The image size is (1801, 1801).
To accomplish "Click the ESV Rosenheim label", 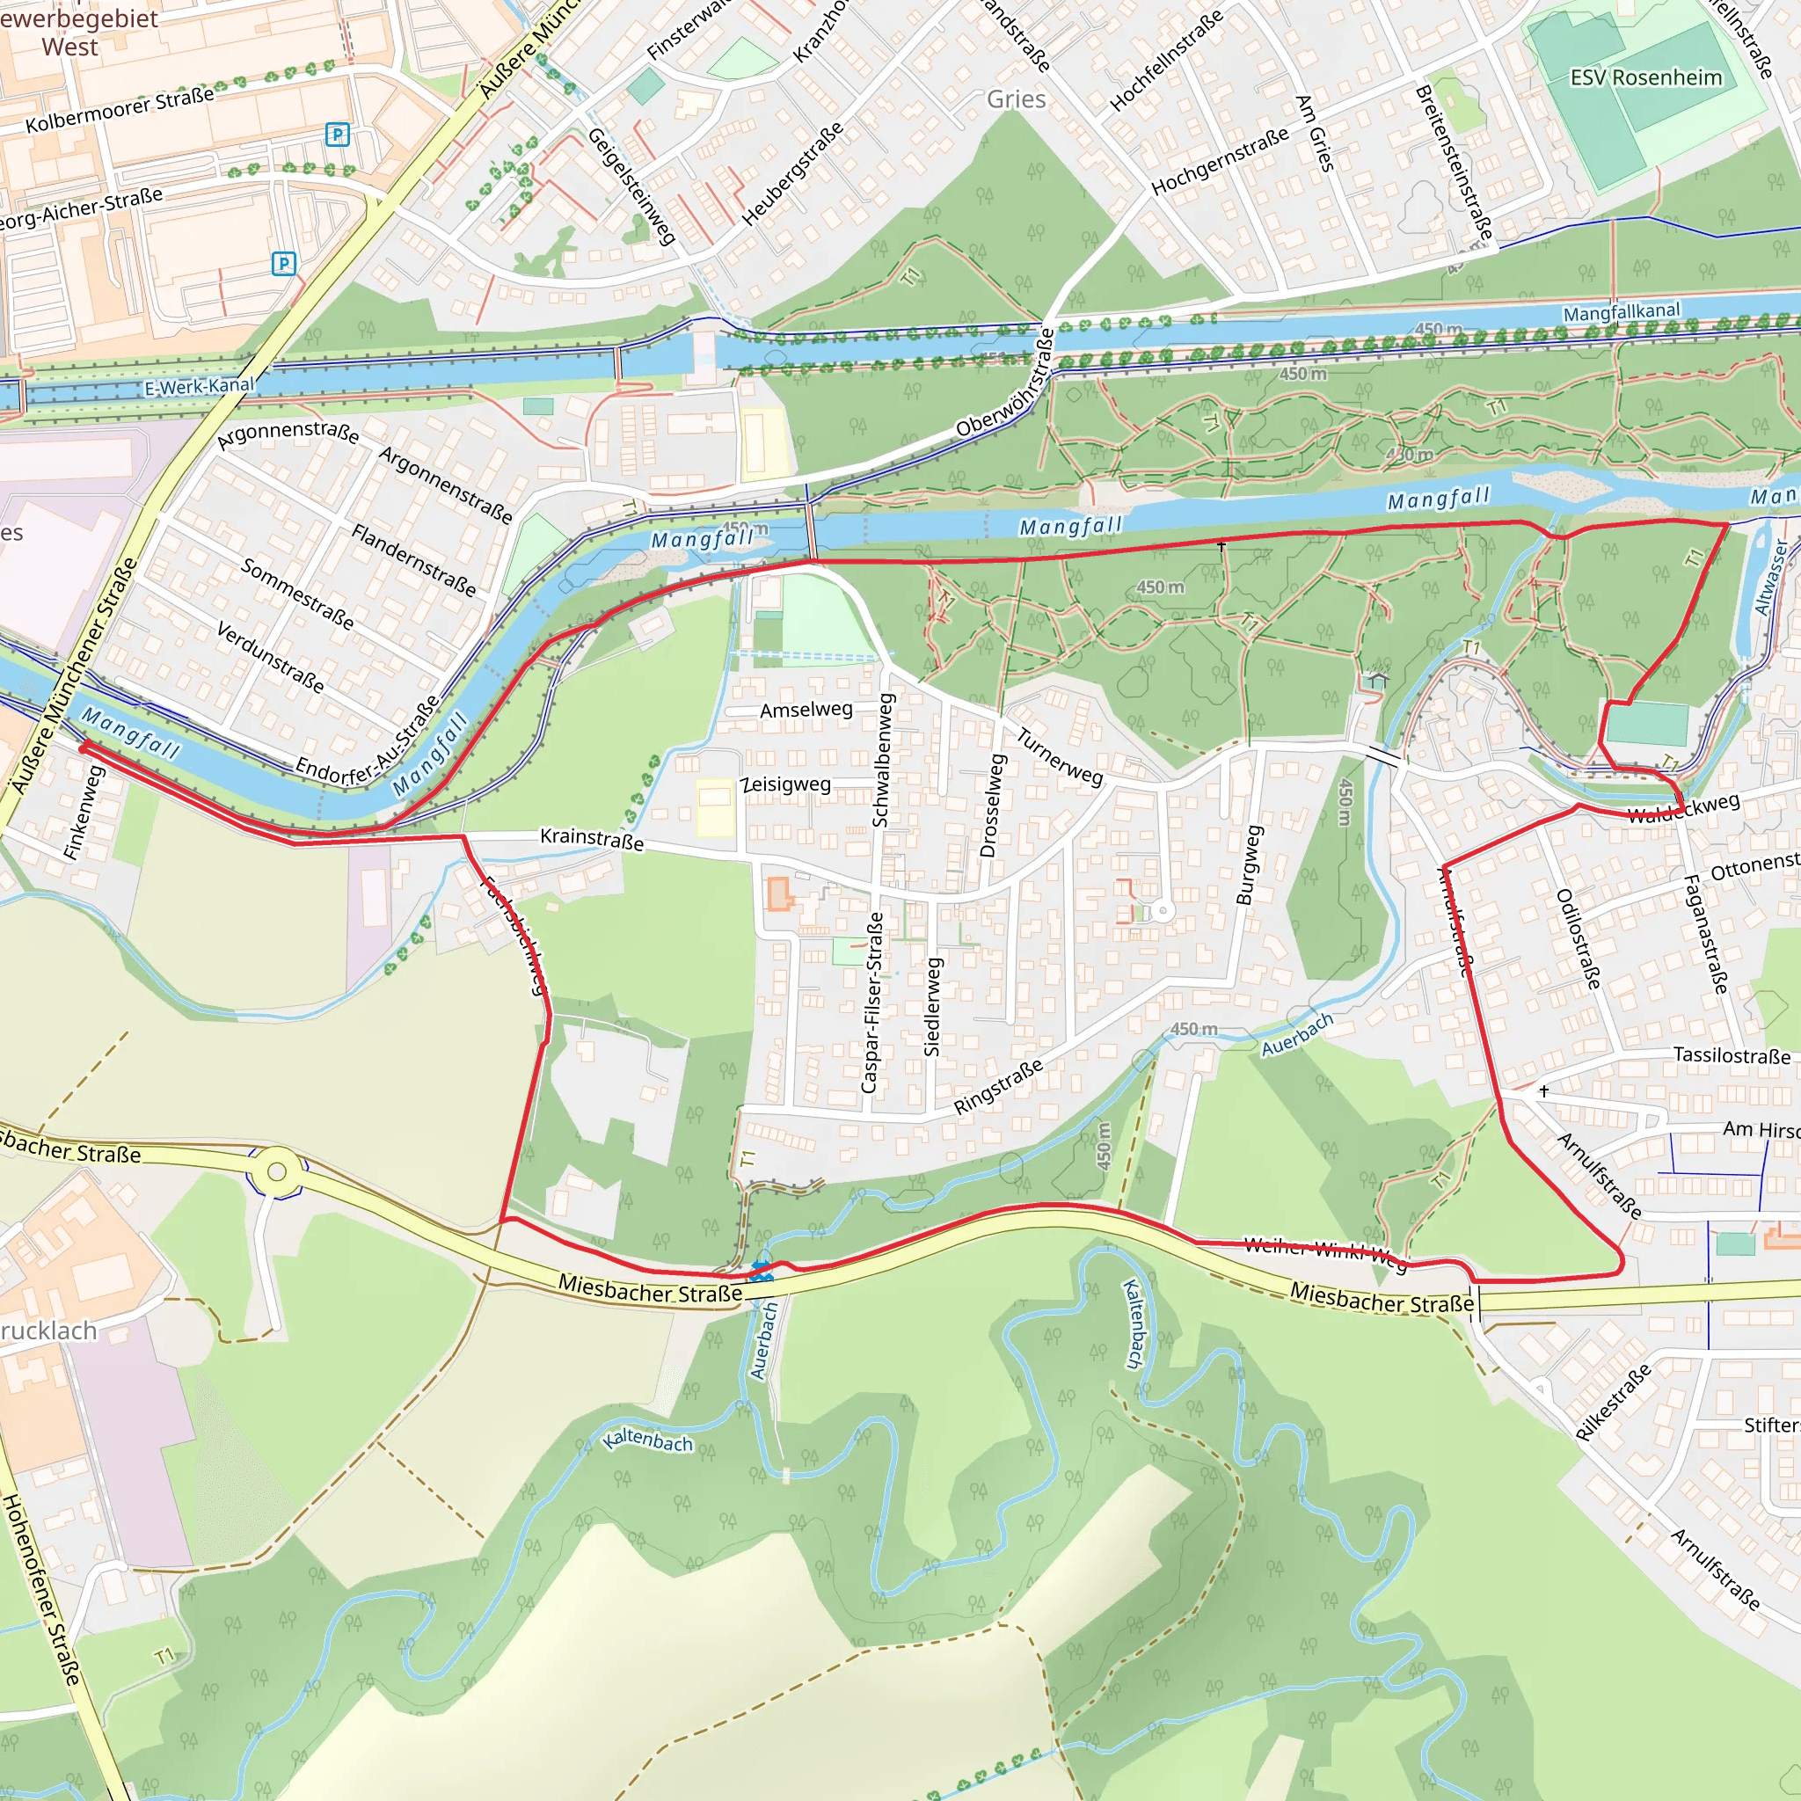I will click(x=1645, y=77).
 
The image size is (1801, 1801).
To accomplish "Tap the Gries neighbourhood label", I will click(x=1016, y=98).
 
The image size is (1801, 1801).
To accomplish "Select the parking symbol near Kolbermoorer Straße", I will click(x=338, y=135).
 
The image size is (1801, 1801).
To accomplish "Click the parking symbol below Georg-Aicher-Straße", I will click(x=283, y=264).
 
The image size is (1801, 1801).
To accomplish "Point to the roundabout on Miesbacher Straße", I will click(x=276, y=1171).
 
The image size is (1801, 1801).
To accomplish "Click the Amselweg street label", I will click(x=806, y=711).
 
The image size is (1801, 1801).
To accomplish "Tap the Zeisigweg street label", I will click(x=786, y=784).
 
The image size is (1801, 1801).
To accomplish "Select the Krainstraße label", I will click(x=592, y=838).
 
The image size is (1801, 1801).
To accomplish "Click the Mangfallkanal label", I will click(x=1621, y=312).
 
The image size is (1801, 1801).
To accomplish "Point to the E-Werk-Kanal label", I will click(x=199, y=386).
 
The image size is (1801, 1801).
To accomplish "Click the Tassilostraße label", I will click(x=1731, y=1055).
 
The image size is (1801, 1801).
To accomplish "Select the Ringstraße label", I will click(x=997, y=1087).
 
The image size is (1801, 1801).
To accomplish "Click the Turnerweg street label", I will click(x=1059, y=757).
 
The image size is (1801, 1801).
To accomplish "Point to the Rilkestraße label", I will click(x=1613, y=1401).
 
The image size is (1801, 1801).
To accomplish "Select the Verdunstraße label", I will click(x=270, y=657).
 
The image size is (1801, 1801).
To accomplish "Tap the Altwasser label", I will click(x=1770, y=577).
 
